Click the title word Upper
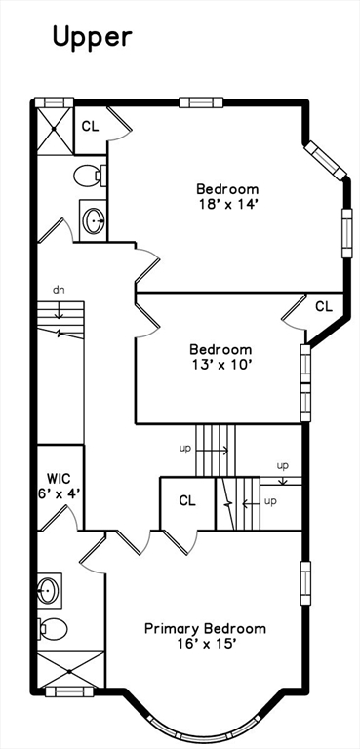point(91,37)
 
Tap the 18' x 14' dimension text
point(227,205)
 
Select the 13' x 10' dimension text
point(220,365)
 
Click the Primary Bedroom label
point(205,629)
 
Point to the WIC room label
point(60,479)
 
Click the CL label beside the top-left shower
point(90,126)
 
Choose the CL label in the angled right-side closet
point(323,306)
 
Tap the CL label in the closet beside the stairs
point(187,500)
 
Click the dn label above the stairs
point(59,290)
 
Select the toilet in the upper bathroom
point(89,177)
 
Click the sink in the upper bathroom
point(94,220)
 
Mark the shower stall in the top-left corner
point(55,128)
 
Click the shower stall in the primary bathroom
point(69,669)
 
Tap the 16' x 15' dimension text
point(205,644)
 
